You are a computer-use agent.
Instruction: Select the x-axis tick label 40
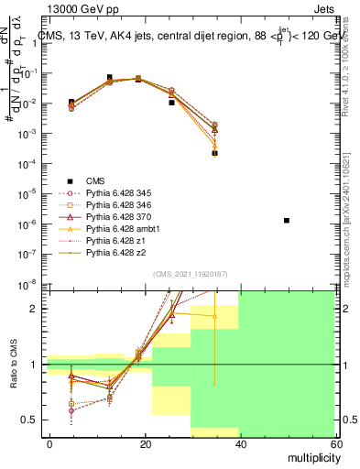[240, 442]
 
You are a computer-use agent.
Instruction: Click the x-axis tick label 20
[145, 442]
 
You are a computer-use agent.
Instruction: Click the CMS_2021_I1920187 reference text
[191, 274]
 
